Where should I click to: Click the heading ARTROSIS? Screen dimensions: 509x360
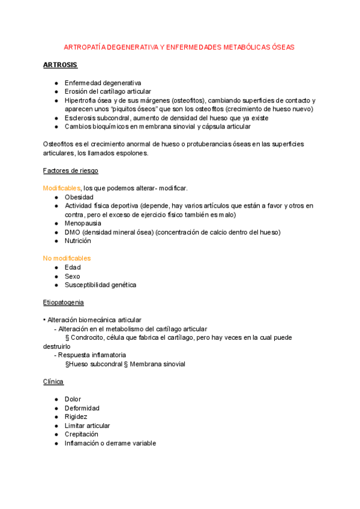60,65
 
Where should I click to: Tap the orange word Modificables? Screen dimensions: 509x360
61,188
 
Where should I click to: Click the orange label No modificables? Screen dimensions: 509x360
67,258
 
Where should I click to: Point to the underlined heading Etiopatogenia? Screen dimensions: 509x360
64,302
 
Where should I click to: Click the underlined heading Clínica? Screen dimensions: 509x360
53,381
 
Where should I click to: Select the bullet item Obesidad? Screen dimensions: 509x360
79,197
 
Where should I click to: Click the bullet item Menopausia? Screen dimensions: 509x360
83,223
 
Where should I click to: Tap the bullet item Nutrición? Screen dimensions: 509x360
78,241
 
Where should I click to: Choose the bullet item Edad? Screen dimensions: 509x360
73,267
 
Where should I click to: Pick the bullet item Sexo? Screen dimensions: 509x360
73,276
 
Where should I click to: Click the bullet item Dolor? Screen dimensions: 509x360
73,399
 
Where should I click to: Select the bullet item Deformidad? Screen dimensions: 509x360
82,408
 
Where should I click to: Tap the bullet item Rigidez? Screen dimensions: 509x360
76,417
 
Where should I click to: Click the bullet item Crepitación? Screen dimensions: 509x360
82,434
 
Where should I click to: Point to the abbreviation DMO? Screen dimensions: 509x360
73,232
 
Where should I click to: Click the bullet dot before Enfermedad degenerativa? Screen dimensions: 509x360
56,83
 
